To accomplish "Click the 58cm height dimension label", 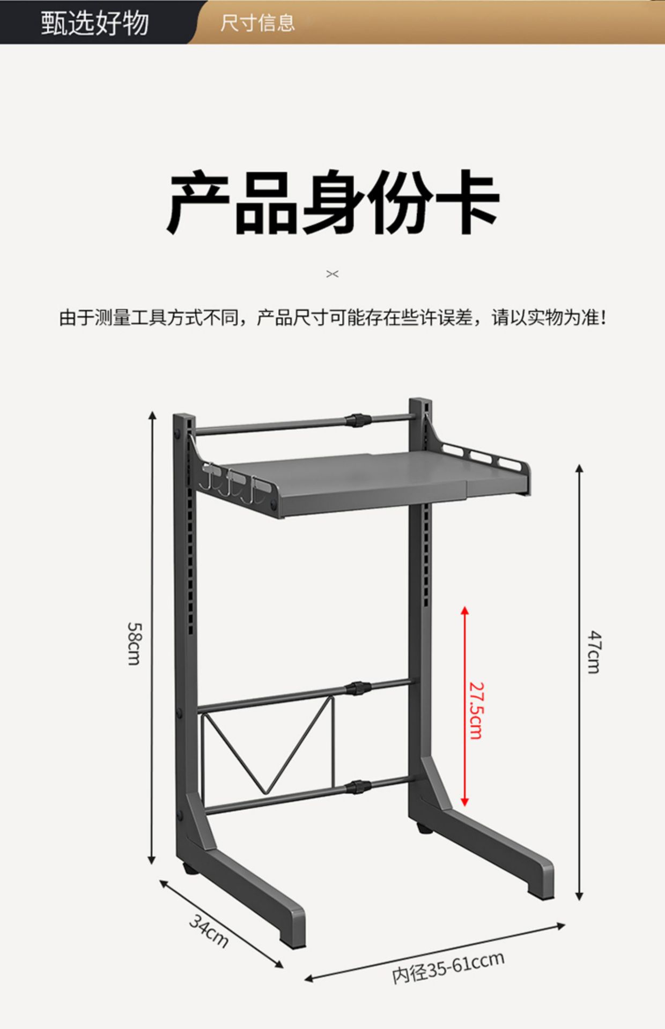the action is click(x=134, y=643).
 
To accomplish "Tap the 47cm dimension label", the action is click(x=594, y=652).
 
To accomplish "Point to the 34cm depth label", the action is click(x=209, y=931).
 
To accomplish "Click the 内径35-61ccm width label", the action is click(x=448, y=967).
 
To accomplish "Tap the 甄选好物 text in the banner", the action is click(x=95, y=23).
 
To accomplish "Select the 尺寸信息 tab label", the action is click(x=257, y=23).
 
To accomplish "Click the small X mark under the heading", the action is click(x=332, y=274).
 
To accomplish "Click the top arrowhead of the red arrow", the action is click(x=465, y=611).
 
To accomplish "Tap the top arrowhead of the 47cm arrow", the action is click(x=579, y=469).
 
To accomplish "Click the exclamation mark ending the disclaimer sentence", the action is click(x=604, y=318).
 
